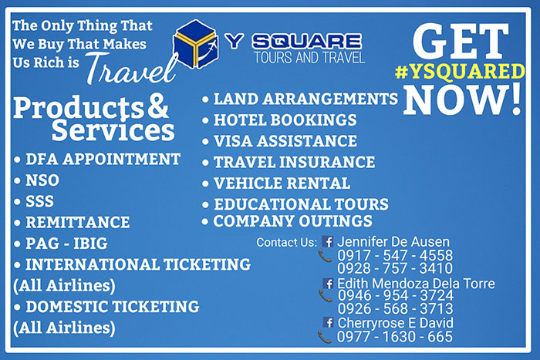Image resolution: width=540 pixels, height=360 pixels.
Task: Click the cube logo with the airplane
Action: click(x=195, y=44)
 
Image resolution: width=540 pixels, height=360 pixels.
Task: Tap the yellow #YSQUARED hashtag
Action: click(x=460, y=72)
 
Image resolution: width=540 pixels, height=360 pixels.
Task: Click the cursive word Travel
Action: click(x=132, y=69)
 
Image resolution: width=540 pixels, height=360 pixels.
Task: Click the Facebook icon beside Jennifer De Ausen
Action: click(x=328, y=241)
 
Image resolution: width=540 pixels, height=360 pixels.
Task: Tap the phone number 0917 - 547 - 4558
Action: click(x=395, y=255)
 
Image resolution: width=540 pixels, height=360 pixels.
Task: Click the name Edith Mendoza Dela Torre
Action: click(x=416, y=284)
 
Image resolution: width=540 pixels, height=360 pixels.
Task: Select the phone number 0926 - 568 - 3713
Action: click(x=395, y=308)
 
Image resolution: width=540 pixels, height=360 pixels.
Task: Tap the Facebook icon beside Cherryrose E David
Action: click(x=328, y=322)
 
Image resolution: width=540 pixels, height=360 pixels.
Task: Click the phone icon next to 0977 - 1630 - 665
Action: click(x=325, y=337)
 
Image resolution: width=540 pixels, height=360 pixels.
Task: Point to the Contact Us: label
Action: click(x=286, y=242)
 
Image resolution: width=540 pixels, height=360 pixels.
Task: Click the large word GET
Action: click(x=461, y=41)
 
